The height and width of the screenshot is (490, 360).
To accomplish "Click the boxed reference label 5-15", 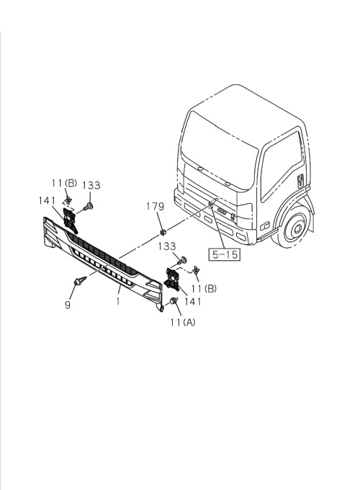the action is click(x=225, y=254).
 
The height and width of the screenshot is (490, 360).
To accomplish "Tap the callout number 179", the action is click(x=156, y=207).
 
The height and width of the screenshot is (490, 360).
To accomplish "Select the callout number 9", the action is click(x=68, y=304).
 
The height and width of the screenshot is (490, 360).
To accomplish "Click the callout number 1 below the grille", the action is click(x=117, y=301).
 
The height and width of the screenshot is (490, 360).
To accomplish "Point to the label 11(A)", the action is click(x=183, y=322).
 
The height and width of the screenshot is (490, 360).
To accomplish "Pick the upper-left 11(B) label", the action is click(x=64, y=183).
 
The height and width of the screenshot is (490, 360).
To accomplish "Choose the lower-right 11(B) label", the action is click(x=204, y=288).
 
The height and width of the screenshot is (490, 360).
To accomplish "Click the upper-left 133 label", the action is click(x=91, y=185).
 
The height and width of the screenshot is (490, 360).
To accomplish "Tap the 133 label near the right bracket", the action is click(x=167, y=246).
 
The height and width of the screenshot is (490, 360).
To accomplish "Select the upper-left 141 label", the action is click(x=47, y=200).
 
